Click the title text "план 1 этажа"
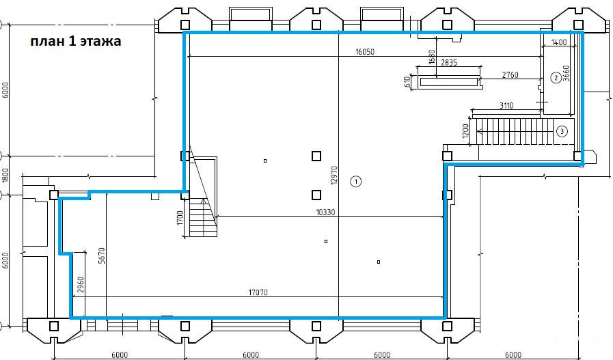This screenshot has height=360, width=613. (x=76, y=41)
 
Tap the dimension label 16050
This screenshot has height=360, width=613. (x=365, y=52)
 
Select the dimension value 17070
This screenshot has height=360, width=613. (x=258, y=292)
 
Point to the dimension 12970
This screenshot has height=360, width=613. (x=333, y=175)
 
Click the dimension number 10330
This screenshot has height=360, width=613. (x=326, y=212)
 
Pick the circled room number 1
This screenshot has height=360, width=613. (x=356, y=182)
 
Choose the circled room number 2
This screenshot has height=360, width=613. (x=556, y=78)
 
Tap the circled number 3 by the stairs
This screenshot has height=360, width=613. (x=562, y=131)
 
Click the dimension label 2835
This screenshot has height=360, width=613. (x=448, y=63)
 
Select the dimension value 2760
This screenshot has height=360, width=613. (x=510, y=75)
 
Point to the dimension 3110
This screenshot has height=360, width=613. (x=506, y=105)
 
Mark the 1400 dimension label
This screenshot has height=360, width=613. (x=558, y=42)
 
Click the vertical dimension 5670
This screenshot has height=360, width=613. (x=102, y=255)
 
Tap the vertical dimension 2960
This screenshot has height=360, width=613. (x=81, y=285)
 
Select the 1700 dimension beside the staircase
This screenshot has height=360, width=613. (x=180, y=218)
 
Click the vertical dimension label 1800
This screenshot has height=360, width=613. (x=5, y=176)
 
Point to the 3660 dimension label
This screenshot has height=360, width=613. (x=566, y=73)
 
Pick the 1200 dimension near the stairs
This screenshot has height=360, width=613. (x=465, y=131)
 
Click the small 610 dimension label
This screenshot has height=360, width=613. (x=407, y=81)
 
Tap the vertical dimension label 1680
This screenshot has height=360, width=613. (x=432, y=57)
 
